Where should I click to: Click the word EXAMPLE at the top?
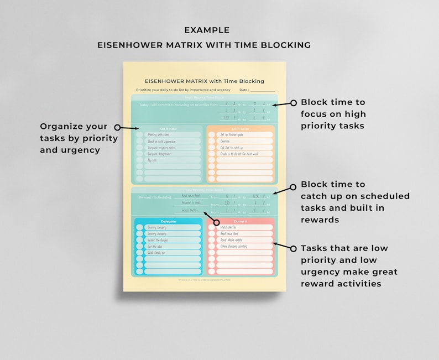207,30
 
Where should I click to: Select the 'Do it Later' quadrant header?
240,128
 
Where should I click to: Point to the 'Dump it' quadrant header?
240,221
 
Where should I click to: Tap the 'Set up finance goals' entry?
232,134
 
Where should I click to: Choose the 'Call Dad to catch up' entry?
233,148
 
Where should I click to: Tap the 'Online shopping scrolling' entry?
234,247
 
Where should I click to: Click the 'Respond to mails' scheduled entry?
191,203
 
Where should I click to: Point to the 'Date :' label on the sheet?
244,90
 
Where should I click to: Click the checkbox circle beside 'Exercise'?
211,141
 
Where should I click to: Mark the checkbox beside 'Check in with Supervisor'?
139,141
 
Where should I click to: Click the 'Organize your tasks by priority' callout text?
74,138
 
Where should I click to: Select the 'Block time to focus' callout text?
333,114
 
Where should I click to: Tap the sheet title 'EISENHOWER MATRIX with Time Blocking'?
204,81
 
